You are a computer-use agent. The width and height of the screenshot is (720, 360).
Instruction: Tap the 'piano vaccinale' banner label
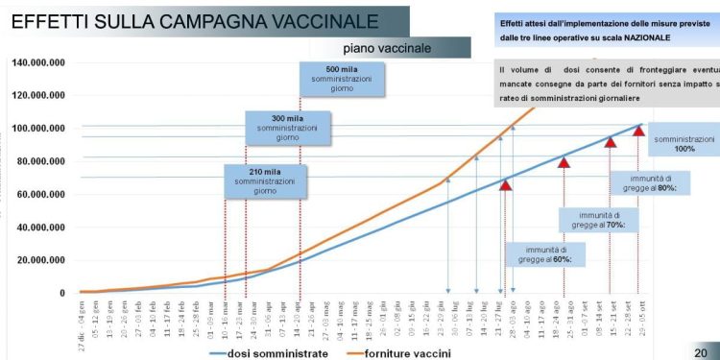(x=386, y=48)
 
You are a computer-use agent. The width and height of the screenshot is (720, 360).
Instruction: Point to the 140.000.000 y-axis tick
(x=38, y=63)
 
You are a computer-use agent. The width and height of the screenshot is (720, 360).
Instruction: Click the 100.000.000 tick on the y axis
(x=38, y=129)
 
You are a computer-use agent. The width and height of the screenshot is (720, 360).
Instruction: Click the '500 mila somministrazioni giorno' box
(x=342, y=80)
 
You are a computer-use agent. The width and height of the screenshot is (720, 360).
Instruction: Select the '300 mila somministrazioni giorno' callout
(x=287, y=128)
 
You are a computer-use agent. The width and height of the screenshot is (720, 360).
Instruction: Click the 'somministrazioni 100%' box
(x=684, y=143)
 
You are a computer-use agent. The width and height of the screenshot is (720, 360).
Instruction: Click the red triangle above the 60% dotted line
(x=506, y=184)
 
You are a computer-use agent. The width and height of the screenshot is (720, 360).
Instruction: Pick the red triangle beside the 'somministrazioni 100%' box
(x=637, y=130)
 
